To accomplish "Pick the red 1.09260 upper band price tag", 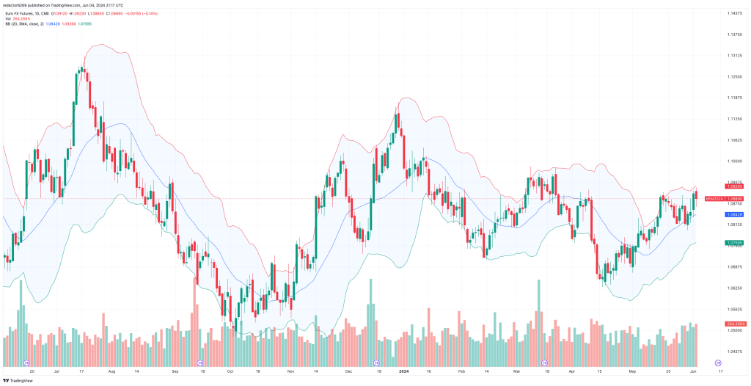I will point(736,186).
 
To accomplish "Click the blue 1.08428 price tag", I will point(736,214).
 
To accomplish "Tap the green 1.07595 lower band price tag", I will point(736,242).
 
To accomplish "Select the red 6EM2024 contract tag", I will point(714,199).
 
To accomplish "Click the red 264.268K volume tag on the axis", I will point(736,324).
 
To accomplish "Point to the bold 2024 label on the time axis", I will point(404,372).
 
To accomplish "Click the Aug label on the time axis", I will point(111,372).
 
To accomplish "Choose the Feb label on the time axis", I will point(462,372).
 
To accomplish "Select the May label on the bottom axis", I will point(631,372).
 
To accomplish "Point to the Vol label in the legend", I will point(7,18).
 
